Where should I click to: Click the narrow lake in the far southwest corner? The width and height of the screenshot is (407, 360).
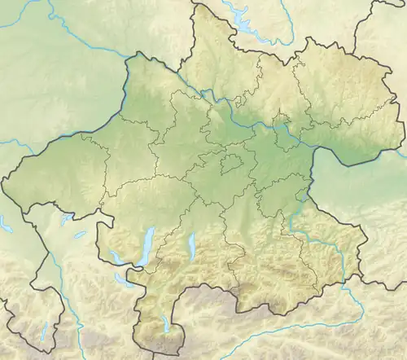pyautogui.click(x=42, y=332)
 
